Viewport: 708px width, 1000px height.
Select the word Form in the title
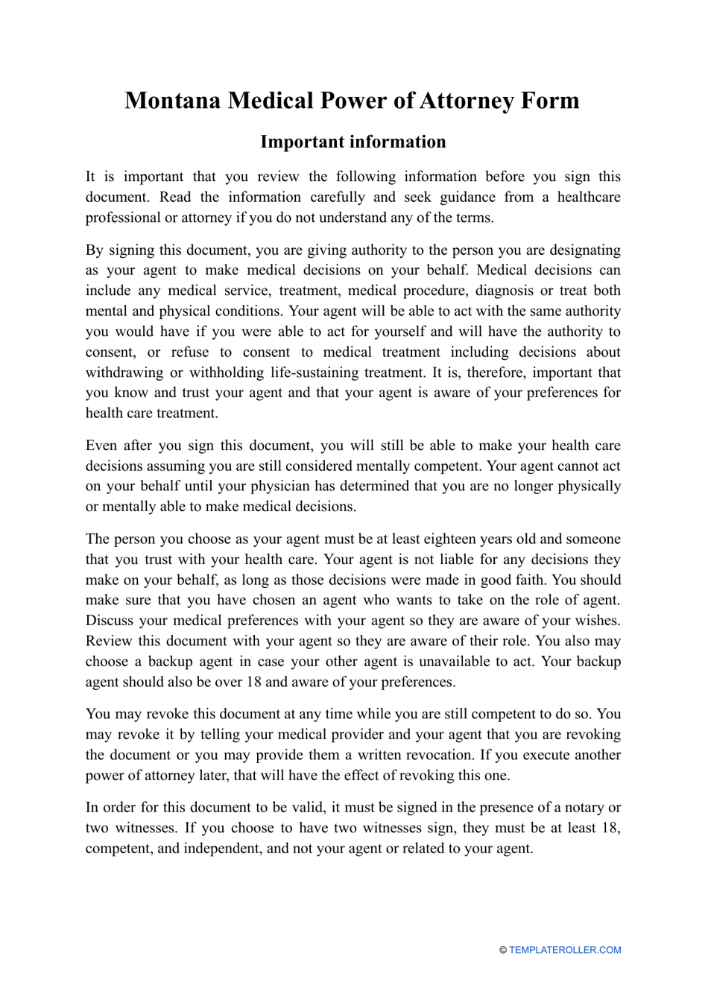(x=550, y=101)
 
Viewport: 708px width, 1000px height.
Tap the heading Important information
(x=353, y=142)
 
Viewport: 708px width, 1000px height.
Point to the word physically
(x=589, y=486)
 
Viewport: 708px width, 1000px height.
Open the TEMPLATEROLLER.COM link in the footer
(x=564, y=950)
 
